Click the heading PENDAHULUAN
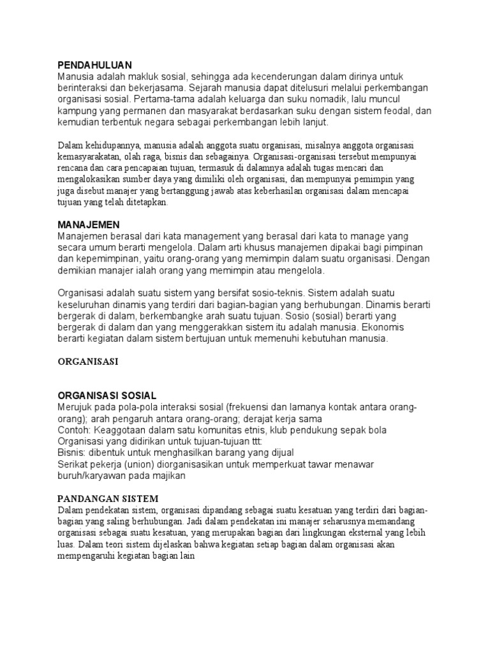94,65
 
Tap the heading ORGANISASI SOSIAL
107,395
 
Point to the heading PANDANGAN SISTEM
108,498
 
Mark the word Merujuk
76,407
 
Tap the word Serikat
73,465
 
